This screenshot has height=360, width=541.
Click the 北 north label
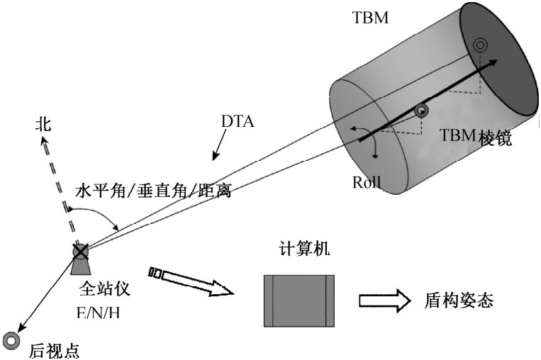click(43, 125)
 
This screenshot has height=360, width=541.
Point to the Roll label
click(367, 182)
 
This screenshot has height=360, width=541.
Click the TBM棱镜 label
click(476, 138)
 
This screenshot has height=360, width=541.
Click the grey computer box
click(299, 300)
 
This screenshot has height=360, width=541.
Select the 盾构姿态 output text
click(454, 300)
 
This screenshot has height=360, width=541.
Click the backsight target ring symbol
click(11, 339)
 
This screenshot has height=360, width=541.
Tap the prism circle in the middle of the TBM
click(420, 110)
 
